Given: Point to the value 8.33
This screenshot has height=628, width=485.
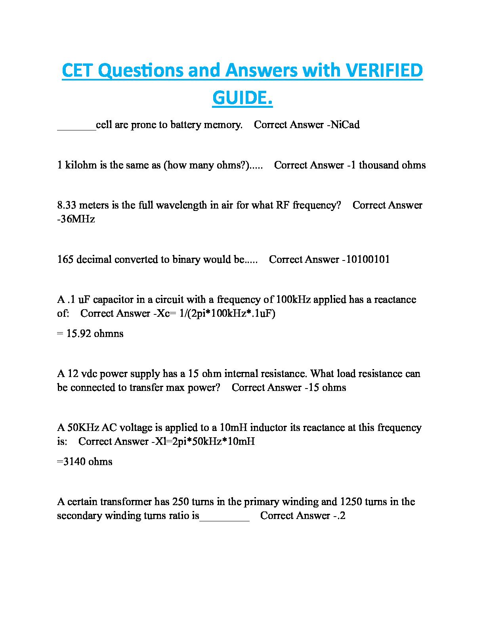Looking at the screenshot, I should pyautogui.click(x=67, y=205).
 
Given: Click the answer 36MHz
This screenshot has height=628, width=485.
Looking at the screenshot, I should pyautogui.click(x=78, y=219).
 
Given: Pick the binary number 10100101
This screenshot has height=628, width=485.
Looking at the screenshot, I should pyautogui.click(x=367, y=259).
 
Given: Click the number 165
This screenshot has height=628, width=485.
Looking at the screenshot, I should pyautogui.click(x=65, y=259).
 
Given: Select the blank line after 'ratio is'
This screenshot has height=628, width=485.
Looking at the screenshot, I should pyautogui.click(x=224, y=517).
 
